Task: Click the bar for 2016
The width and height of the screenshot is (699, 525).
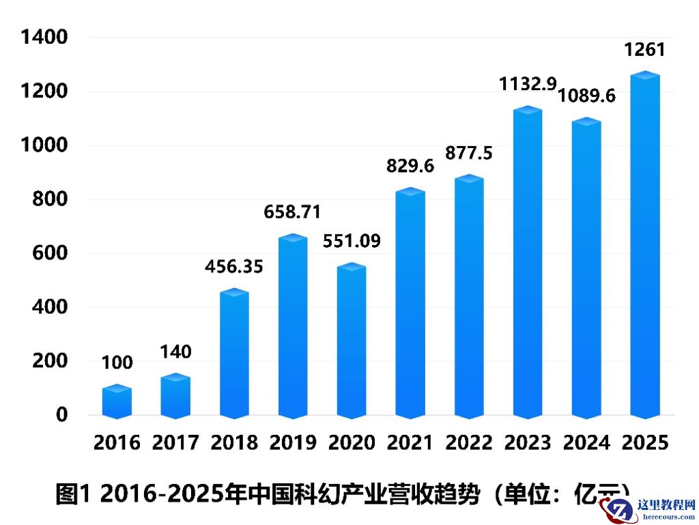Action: click(x=117, y=402)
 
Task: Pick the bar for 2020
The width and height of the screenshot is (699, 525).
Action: click(x=352, y=341)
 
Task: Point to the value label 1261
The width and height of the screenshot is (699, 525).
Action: click(x=644, y=50)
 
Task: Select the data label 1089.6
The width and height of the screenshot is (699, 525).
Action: click(x=587, y=95)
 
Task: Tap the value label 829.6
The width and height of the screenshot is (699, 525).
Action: click(x=410, y=165)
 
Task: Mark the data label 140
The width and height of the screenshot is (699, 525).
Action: click(x=175, y=352)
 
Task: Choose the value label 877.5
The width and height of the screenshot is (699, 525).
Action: click(x=468, y=153)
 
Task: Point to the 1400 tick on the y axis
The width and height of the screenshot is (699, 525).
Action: click(x=45, y=38)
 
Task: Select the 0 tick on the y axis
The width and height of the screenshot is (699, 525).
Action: click(x=61, y=414)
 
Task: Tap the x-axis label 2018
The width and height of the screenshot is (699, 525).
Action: click(x=234, y=442)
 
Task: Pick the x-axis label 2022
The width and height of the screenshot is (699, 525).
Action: click(x=469, y=442)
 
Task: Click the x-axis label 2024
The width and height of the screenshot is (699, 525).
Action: click(x=586, y=442)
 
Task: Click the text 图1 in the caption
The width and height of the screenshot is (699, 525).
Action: click(x=72, y=493)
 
